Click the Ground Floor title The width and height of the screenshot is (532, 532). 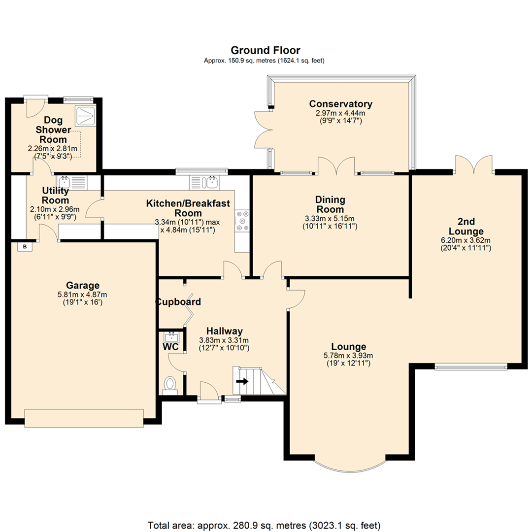266,50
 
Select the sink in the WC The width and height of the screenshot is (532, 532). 171,338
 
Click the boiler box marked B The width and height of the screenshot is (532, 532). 24,247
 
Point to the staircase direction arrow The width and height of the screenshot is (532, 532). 242,381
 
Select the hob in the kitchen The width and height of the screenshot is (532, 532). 242,221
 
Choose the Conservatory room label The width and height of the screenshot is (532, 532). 340,104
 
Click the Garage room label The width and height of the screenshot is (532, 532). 83,285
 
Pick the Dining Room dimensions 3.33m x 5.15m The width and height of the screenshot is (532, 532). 330,218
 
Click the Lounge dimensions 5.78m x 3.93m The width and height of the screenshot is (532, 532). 348,355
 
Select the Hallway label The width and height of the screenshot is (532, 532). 224,331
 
